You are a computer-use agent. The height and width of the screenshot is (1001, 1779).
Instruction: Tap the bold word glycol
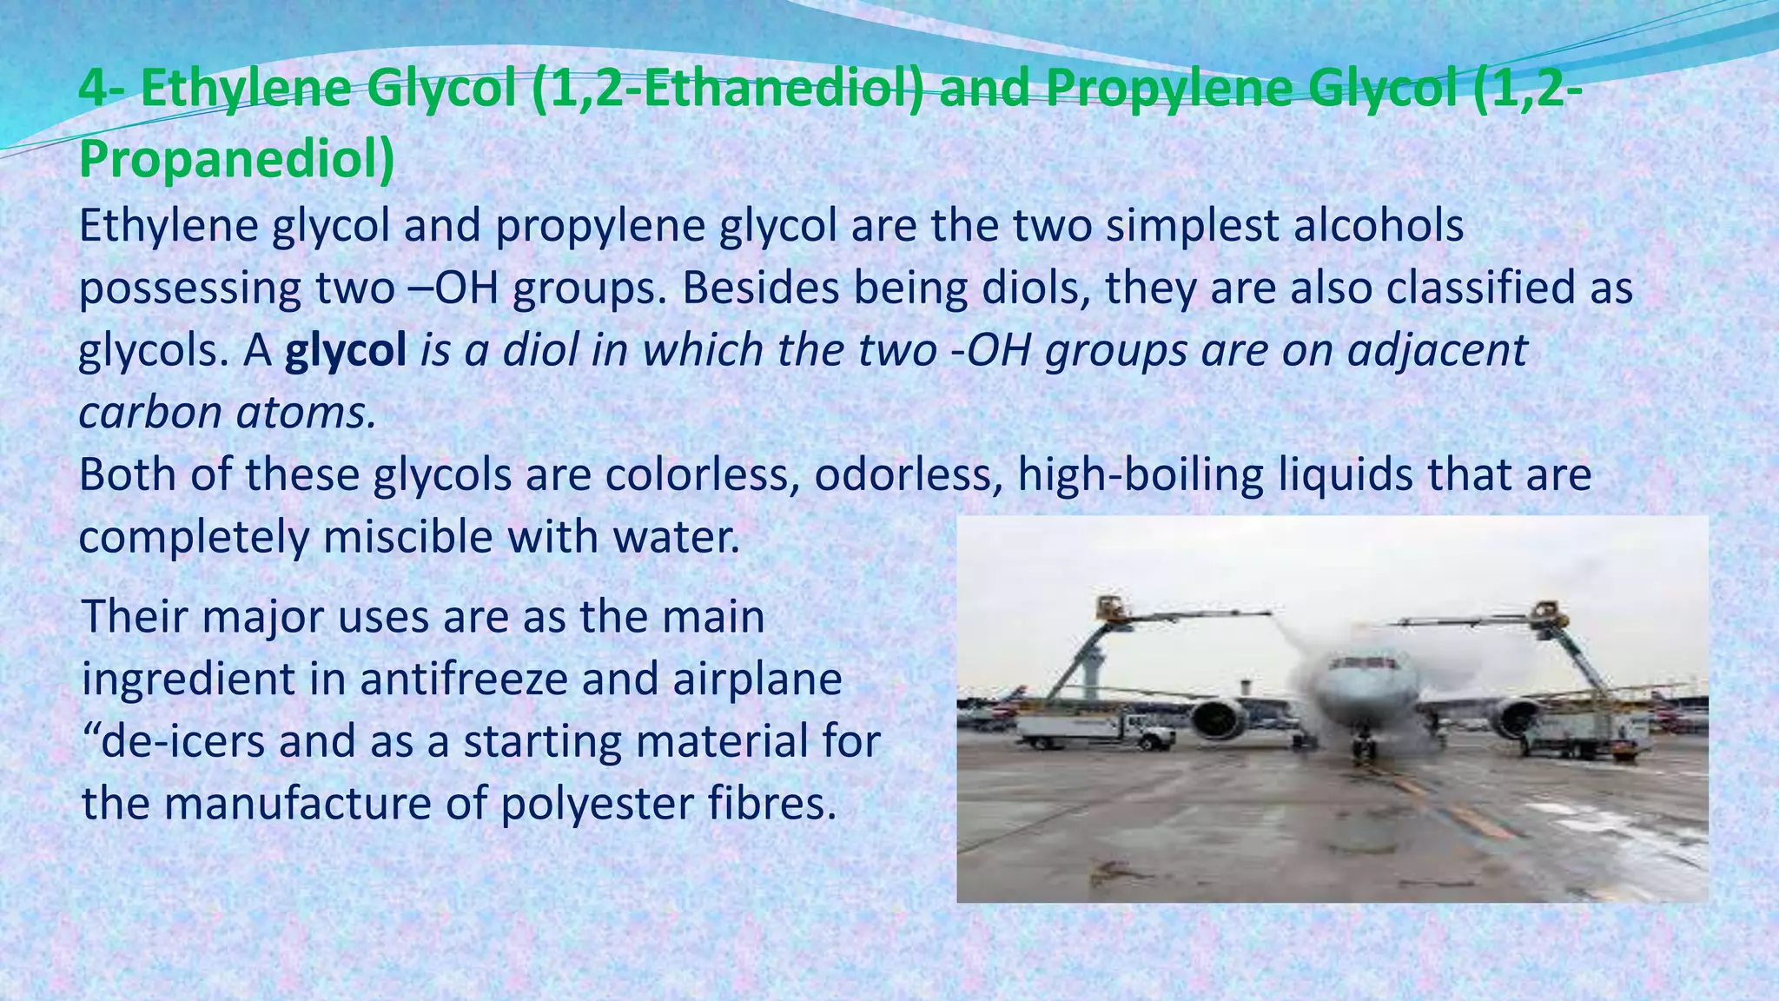pos(346,350)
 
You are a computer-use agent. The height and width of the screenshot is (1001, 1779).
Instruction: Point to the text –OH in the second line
pos(455,288)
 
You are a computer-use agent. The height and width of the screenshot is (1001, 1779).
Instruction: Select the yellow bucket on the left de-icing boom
pos(1109,608)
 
